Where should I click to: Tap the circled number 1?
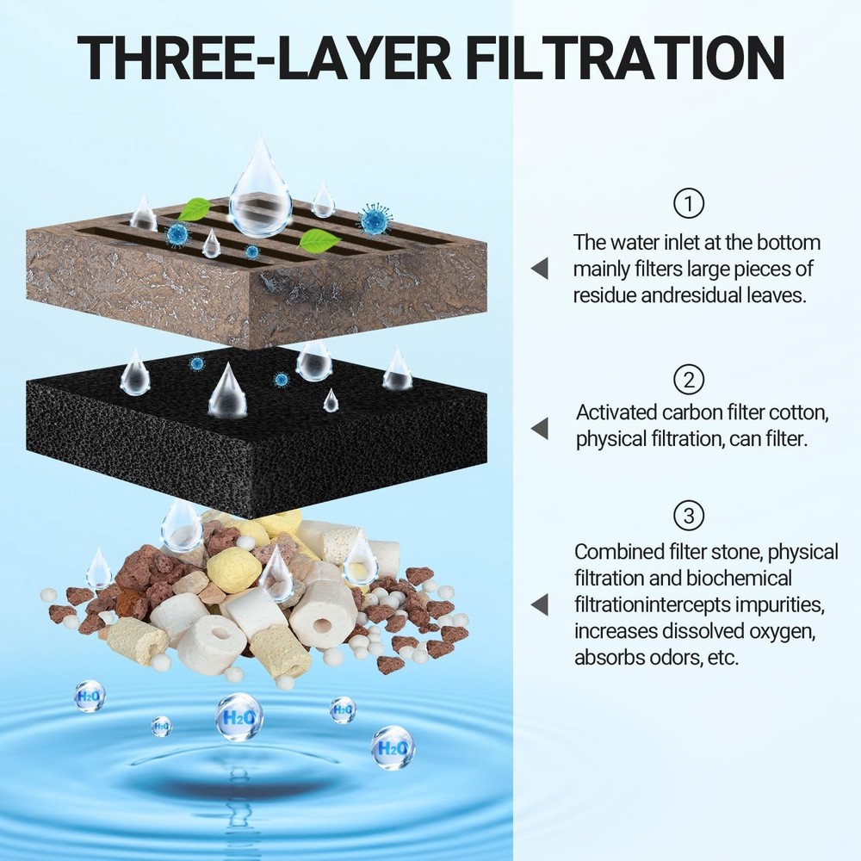click(688, 203)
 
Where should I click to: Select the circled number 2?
click(688, 379)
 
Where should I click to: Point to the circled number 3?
click(688, 516)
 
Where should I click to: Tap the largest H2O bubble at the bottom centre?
click(238, 716)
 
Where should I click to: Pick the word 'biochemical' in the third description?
click(739, 578)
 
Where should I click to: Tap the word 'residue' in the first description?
click(604, 294)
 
